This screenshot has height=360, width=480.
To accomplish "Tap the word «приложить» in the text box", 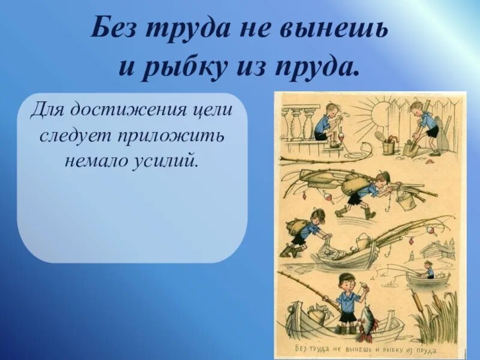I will (x=182, y=136).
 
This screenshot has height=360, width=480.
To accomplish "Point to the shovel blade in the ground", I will (x=410, y=148).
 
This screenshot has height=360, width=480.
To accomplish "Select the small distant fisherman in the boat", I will (x=428, y=268).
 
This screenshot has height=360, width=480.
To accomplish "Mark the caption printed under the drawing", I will (x=367, y=349).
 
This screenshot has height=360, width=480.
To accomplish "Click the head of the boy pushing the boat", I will (x=319, y=216).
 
